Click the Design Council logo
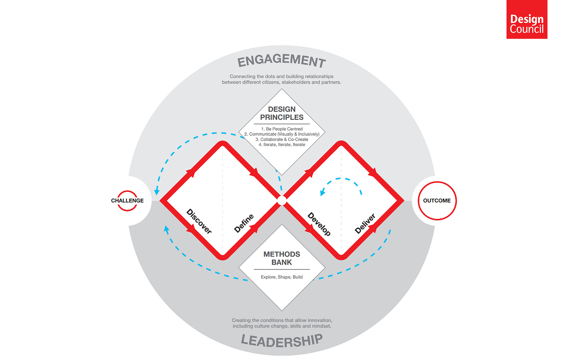pos(527,19)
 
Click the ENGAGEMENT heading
pos(282,61)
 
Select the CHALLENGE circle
pos(127,201)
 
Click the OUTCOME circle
pos(437,201)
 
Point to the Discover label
pos(199,221)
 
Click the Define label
pos(244,223)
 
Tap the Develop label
pos(319,224)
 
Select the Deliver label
pos(365,224)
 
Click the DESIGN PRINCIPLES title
pos(282,113)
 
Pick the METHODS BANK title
pos(282,258)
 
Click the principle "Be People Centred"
pos(284,129)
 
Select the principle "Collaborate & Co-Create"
pos(284,139)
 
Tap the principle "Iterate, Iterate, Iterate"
pos(284,145)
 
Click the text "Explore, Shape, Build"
pos(282,277)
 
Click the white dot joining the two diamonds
pos(282,201)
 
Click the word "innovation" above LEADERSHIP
pos(320,320)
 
